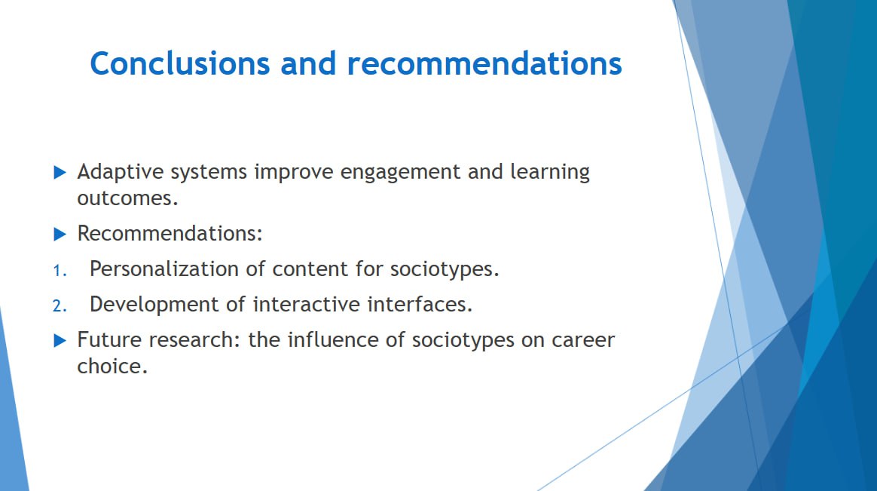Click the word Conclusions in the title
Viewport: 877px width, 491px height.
180,63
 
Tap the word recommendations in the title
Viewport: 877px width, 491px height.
484,63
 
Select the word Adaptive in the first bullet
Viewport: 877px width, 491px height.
121,172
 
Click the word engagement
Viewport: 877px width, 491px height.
400,173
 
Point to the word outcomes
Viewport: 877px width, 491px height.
127,199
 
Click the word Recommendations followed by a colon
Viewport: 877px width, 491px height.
170,234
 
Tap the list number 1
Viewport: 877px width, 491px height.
60,271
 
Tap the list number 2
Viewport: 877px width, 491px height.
60,306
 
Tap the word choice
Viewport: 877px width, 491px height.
112,366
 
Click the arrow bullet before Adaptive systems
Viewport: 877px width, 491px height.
60,173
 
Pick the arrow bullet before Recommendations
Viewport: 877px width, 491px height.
60,234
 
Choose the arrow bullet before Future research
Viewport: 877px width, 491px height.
60,340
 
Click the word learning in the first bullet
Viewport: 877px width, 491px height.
550,173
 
